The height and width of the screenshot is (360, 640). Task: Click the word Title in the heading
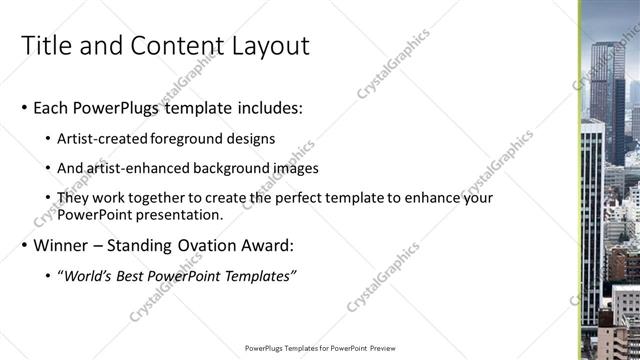(x=46, y=46)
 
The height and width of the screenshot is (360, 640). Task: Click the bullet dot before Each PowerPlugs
(x=24, y=107)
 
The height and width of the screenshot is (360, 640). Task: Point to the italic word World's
(x=88, y=276)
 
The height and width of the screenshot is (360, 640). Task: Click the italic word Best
(x=134, y=276)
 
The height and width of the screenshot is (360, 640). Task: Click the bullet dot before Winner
(x=24, y=246)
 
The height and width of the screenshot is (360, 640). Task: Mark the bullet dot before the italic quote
(x=49, y=276)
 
